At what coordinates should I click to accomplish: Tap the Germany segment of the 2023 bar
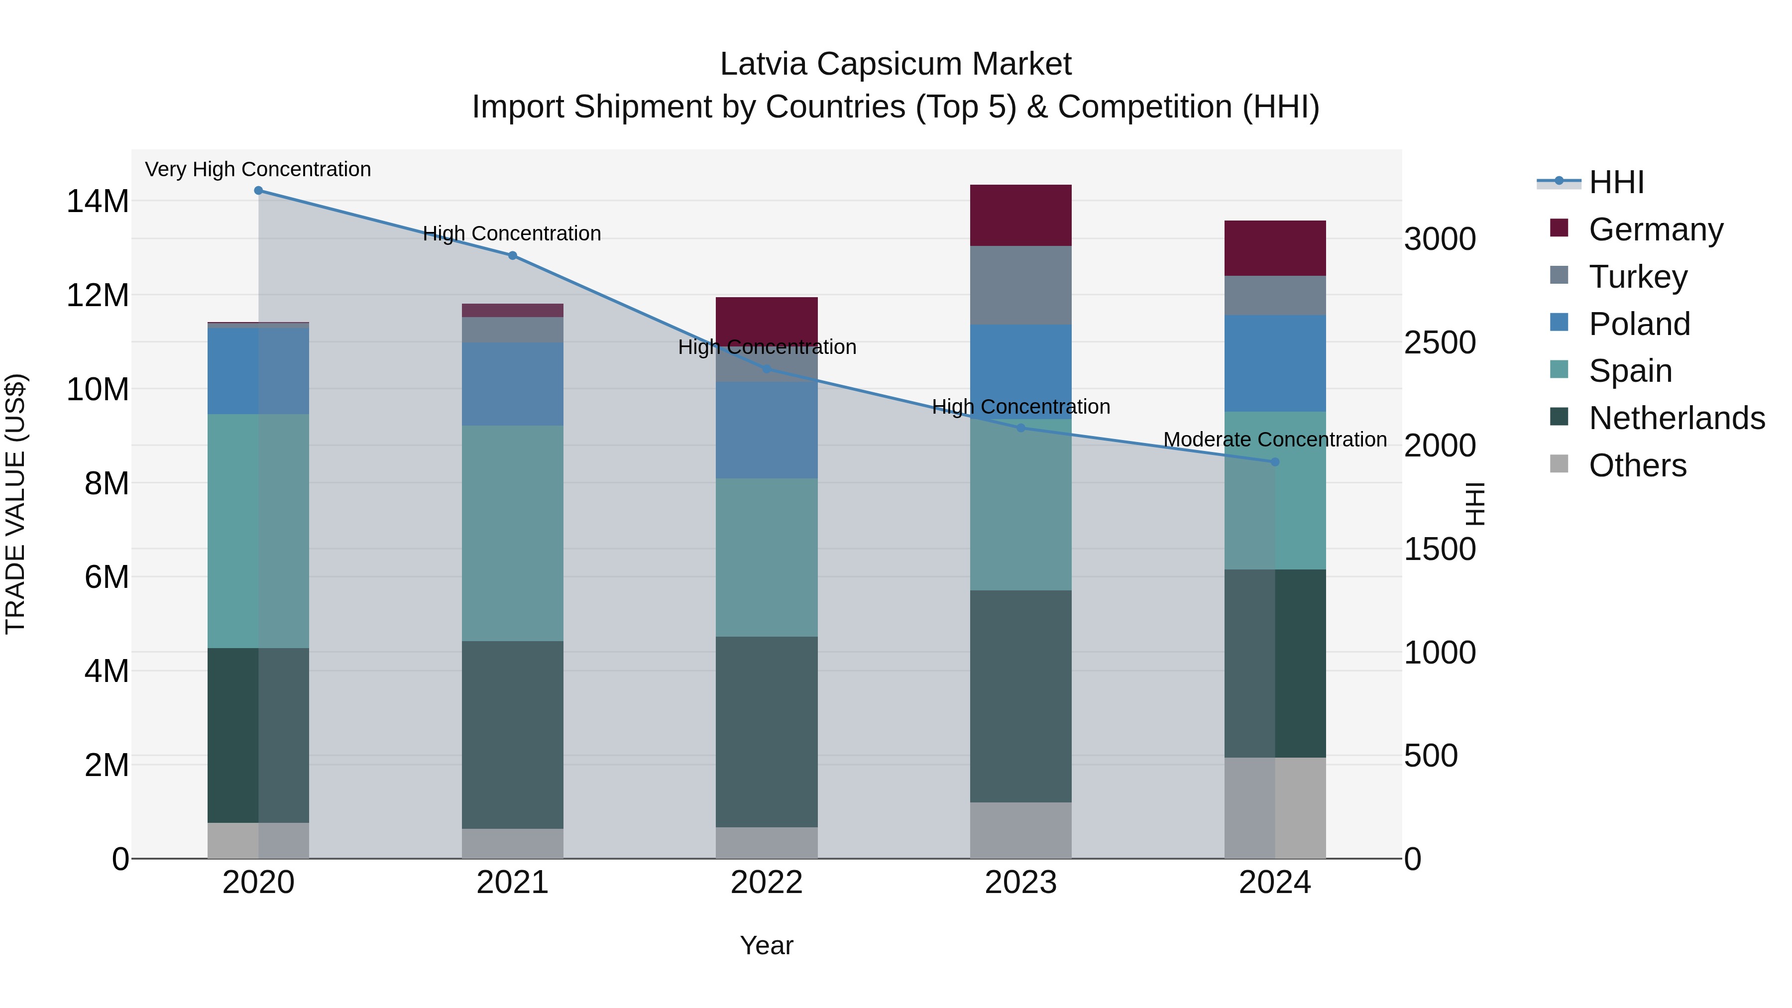[x=1020, y=216]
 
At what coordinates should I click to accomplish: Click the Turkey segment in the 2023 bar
[x=1020, y=285]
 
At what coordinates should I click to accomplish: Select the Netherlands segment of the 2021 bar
[x=512, y=735]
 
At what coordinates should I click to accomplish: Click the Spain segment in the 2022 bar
[x=767, y=557]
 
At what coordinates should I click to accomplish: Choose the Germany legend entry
[x=1656, y=229]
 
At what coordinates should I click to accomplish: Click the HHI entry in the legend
[x=1616, y=182]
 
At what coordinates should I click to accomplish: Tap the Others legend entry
[x=1637, y=465]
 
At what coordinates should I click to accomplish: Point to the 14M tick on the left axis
[x=98, y=202]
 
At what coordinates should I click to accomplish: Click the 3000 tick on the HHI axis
[x=1439, y=239]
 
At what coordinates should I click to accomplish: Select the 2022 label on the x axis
[x=767, y=883]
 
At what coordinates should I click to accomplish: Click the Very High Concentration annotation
[x=258, y=170]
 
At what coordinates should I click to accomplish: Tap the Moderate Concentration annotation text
[x=1274, y=440]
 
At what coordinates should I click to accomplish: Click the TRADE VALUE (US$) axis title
[x=15, y=504]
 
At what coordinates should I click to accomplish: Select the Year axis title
[x=767, y=945]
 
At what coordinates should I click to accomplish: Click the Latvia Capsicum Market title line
[x=896, y=64]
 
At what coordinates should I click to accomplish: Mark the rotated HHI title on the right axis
[x=1474, y=504]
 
